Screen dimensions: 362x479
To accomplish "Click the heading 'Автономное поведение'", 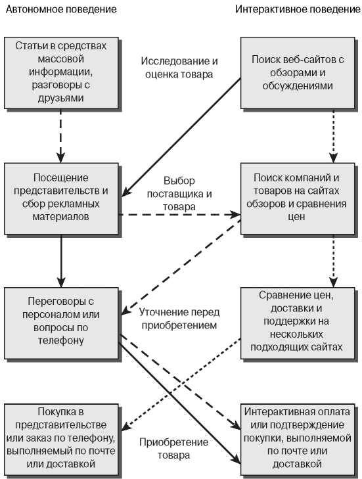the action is pyautogui.click(x=61, y=9).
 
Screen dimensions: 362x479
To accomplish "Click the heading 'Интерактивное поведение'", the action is pyautogui.click(x=298, y=9).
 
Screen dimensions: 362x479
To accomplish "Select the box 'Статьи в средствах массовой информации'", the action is pyautogui.click(x=61, y=73).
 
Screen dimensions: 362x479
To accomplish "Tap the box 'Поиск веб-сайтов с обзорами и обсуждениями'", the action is pyautogui.click(x=298, y=73).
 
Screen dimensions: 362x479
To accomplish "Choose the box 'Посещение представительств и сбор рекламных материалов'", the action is pyautogui.click(x=61, y=198).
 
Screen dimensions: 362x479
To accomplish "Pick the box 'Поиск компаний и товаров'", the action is pyautogui.click(x=298, y=198).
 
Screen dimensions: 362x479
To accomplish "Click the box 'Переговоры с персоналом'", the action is pyautogui.click(x=61, y=323).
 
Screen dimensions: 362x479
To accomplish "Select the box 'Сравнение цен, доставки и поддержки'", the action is pyautogui.click(x=298, y=323).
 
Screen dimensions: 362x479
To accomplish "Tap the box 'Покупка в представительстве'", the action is pyautogui.click(x=61, y=440).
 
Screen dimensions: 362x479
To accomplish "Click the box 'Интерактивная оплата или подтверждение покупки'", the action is pyautogui.click(x=298, y=440).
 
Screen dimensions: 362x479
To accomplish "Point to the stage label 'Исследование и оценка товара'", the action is pyautogui.click(x=179, y=68).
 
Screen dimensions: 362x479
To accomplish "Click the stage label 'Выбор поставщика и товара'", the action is pyautogui.click(x=179, y=194).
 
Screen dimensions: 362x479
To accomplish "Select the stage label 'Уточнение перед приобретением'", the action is pyautogui.click(x=179, y=319).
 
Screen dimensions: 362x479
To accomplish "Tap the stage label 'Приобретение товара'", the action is pyautogui.click(x=174, y=449).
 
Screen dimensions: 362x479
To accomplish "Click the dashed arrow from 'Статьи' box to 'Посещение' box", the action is pyautogui.click(x=61, y=135).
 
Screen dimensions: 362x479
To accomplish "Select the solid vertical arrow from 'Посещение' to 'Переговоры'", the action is pyautogui.click(x=61, y=261).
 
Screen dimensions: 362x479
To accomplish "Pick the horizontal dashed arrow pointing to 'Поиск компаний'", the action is pyautogui.click(x=179, y=215).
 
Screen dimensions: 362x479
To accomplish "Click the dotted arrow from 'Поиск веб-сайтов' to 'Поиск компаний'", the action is pyautogui.click(x=333, y=135).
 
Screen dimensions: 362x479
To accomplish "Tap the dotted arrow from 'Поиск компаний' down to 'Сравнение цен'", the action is pyautogui.click(x=333, y=261).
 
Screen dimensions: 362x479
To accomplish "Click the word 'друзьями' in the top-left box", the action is pyautogui.click(x=61, y=99).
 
